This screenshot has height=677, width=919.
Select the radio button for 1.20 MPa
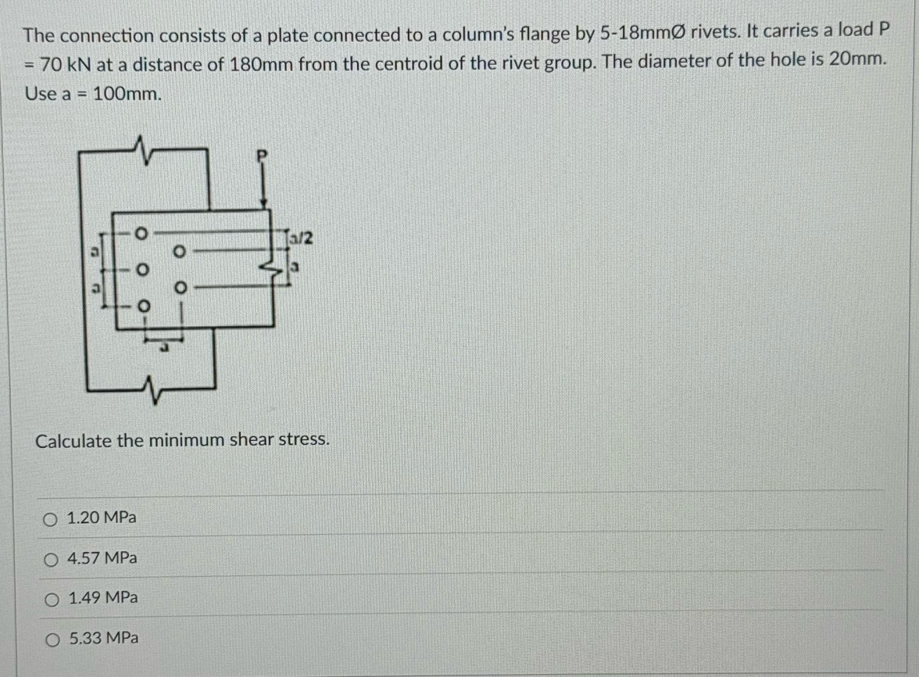[x=50, y=519]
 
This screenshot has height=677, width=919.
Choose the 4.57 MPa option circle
[x=51, y=560]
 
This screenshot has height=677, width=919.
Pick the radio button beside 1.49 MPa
[x=52, y=600]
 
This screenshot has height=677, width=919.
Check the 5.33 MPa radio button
[x=53, y=639]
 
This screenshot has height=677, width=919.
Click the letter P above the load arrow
[x=262, y=156]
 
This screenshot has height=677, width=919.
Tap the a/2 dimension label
[x=302, y=238]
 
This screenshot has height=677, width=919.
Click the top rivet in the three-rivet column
[x=140, y=233]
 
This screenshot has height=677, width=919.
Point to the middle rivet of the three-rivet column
[x=141, y=270]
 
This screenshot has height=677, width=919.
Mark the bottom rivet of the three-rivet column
[x=143, y=306]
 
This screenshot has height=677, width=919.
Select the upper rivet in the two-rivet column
[x=179, y=252]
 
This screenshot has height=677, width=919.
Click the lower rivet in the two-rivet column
[x=181, y=288]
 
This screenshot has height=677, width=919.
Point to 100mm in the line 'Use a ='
[x=127, y=94]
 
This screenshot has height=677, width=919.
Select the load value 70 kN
[x=65, y=64]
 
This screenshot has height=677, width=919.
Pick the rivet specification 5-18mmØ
[x=642, y=33]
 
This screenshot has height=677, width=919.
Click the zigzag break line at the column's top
[x=141, y=149]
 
